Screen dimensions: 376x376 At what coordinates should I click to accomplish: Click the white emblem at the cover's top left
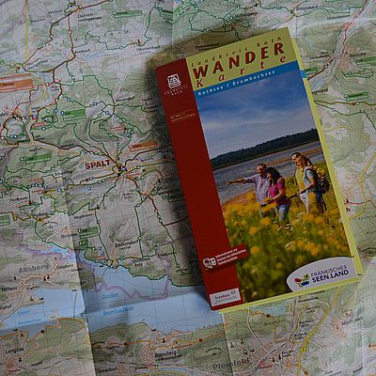tap(173, 82)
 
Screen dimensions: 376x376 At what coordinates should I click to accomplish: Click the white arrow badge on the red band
tap(209, 260)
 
